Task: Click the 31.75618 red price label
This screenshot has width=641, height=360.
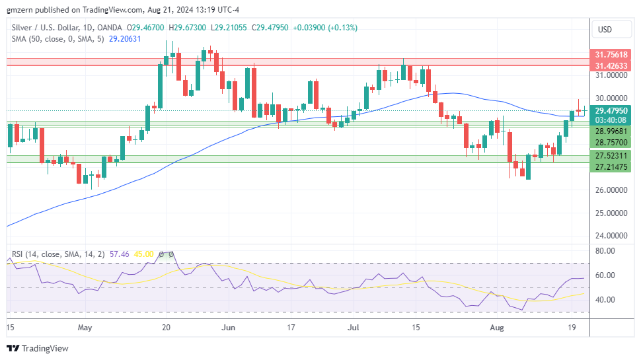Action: tap(611, 55)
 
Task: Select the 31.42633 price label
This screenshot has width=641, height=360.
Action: tap(611, 66)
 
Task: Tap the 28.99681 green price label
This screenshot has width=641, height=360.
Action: tap(611, 131)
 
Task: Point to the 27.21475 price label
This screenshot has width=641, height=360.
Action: tap(611, 166)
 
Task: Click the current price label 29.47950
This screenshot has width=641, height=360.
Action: tap(611, 111)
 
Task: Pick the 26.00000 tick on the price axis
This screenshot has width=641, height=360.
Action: tap(610, 190)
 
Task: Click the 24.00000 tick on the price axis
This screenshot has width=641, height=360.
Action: tap(610, 235)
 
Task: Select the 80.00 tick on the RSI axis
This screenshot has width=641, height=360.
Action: tap(605, 251)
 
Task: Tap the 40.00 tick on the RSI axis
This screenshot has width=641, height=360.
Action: tap(605, 300)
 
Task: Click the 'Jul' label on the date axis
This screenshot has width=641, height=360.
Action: tap(354, 327)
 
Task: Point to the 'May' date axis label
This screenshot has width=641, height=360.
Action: tap(85, 327)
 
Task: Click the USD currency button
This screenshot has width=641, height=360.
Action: tap(605, 29)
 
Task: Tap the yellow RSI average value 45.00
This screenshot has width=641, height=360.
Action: tap(143, 254)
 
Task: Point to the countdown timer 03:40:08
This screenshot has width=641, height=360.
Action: tap(611, 120)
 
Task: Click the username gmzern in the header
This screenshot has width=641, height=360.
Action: tap(20, 10)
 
